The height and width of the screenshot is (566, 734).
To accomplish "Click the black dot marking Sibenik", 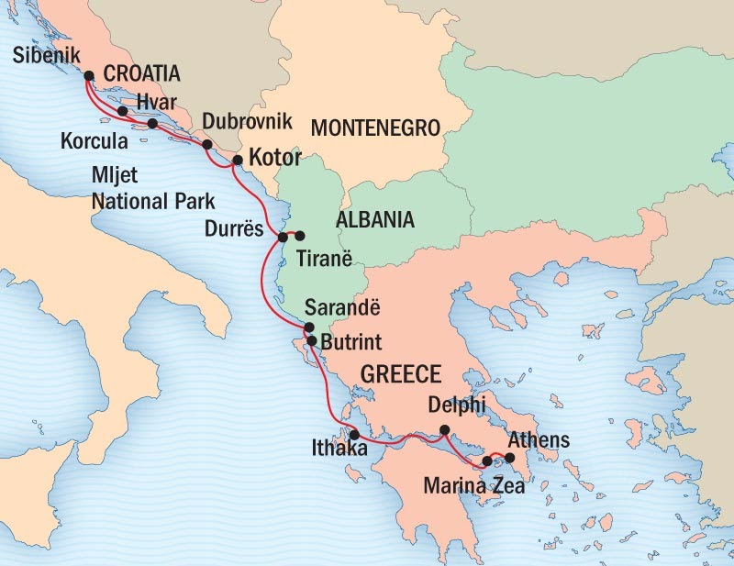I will click(89, 77).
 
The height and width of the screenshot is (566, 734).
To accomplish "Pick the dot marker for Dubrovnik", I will click(207, 145).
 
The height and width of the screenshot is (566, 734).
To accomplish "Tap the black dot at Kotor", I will click(237, 160).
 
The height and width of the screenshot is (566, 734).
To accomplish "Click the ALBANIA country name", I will click(375, 220).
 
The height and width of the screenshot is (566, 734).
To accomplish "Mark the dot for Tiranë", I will click(300, 236).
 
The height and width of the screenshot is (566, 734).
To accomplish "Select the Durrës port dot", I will click(283, 237).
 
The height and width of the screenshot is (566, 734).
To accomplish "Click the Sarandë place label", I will click(359, 308).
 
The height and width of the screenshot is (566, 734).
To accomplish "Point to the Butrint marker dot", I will click(312, 341).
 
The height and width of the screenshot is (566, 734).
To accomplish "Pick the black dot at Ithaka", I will click(354, 436).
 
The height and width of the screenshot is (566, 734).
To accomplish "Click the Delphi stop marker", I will click(444, 430).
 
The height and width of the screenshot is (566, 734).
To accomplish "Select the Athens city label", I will click(539, 440).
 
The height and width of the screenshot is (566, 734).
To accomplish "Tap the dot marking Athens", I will click(510, 456).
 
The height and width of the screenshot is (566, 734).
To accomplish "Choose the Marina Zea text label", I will click(474, 486).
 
